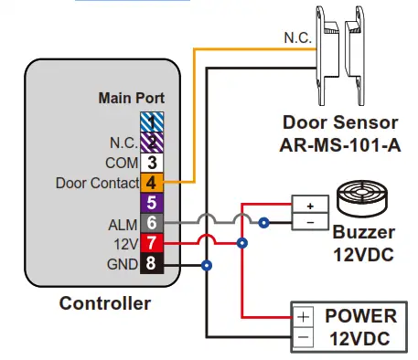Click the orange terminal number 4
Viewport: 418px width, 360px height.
click(x=152, y=184)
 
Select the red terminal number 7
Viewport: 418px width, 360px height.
click(x=152, y=244)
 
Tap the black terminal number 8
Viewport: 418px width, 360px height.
click(x=152, y=265)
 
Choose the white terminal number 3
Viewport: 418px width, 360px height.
click(x=152, y=163)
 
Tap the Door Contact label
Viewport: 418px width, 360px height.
click(x=95, y=184)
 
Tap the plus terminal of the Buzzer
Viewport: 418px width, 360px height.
click(x=309, y=205)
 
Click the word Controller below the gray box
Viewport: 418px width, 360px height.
click(x=104, y=303)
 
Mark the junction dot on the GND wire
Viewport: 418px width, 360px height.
click(x=208, y=266)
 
